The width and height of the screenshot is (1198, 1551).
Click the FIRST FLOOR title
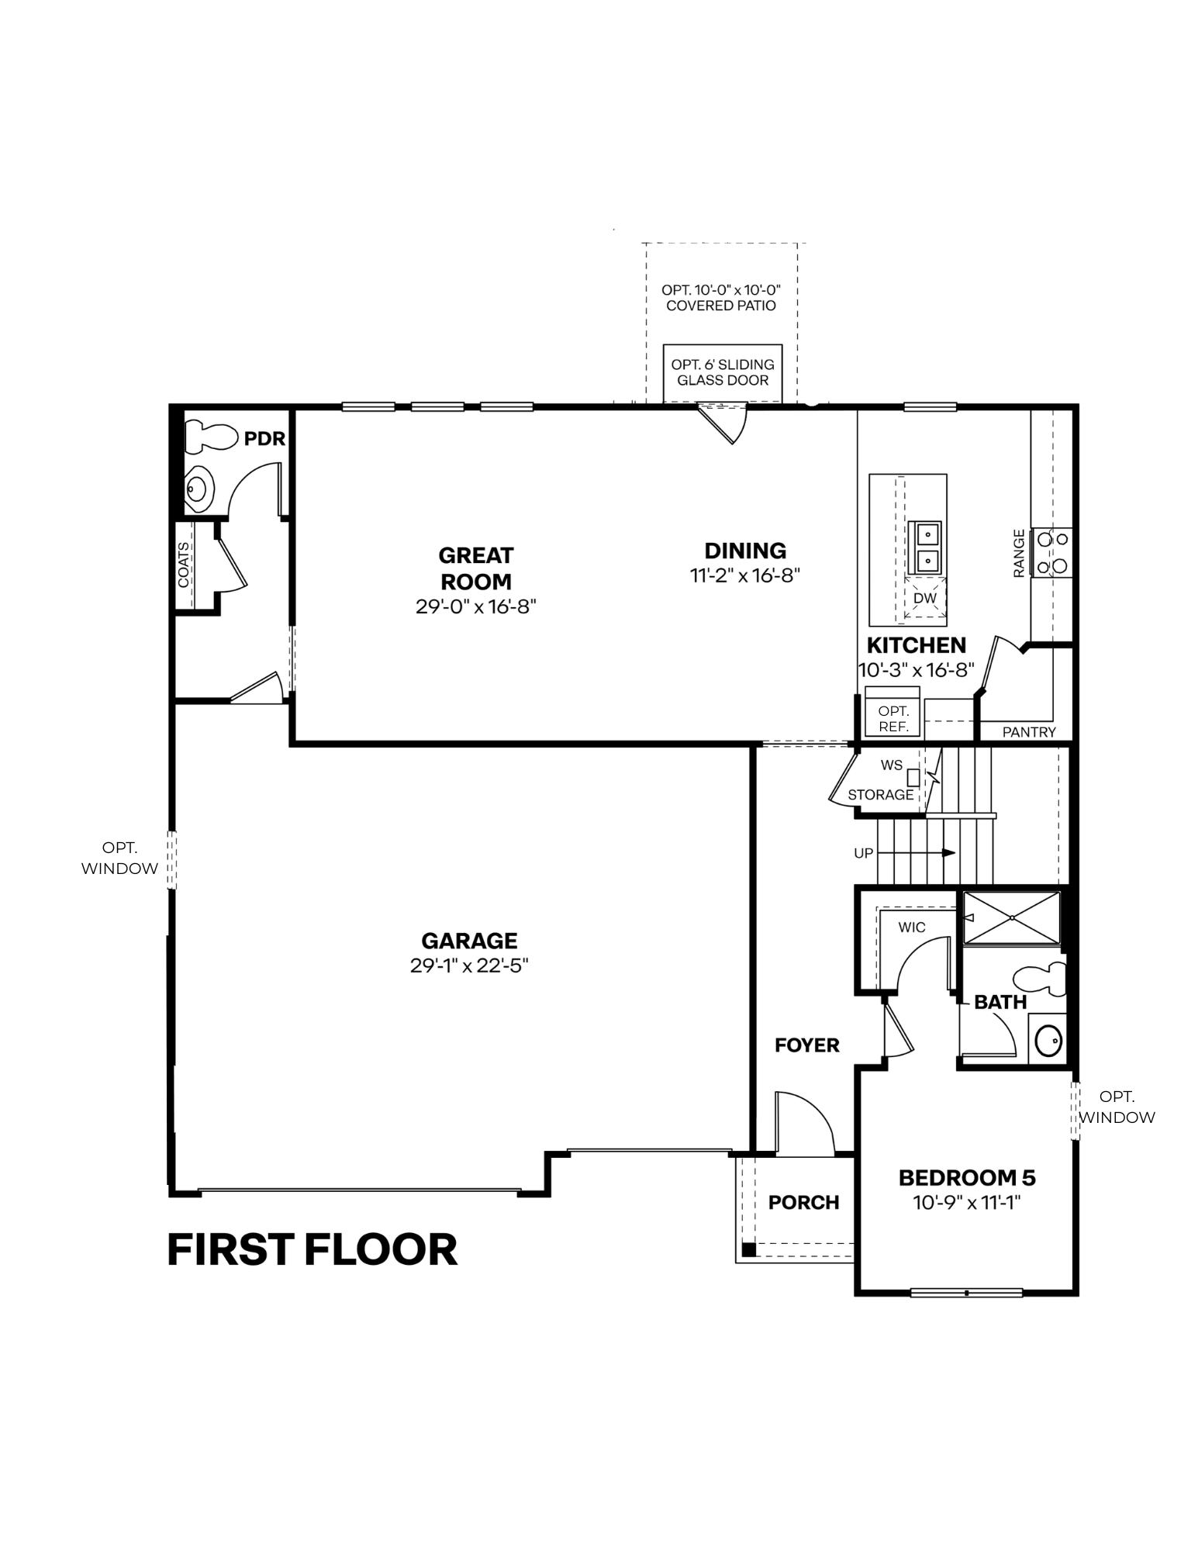point(312,1250)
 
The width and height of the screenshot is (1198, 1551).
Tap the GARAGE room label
point(469,941)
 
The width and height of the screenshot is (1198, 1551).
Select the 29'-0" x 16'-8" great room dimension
point(476,606)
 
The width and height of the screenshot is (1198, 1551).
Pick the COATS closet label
point(184,565)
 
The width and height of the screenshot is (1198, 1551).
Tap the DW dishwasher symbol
point(925,599)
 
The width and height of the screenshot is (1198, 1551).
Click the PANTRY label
point(1029,732)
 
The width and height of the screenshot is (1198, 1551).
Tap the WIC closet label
point(912,927)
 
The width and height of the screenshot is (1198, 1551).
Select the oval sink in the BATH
point(1048,1041)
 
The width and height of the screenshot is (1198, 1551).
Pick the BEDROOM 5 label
point(967,1178)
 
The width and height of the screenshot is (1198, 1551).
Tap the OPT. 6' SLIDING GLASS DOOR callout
point(723,372)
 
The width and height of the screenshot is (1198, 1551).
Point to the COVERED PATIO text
point(721,306)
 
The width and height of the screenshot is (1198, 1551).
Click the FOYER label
point(807,1045)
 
